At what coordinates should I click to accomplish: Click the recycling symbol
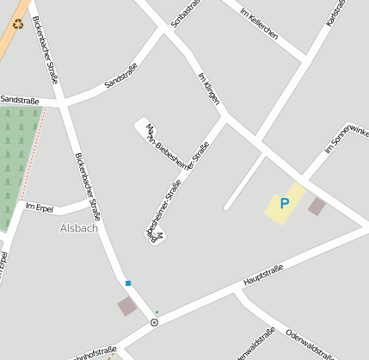click(x=18, y=24)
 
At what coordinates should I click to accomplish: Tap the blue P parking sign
click(x=285, y=203)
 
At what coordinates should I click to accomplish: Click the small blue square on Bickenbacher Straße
click(x=128, y=283)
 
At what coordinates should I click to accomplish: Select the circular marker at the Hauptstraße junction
click(x=154, y=322)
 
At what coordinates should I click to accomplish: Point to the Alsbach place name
click(x=79, y=228)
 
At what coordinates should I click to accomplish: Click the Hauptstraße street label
click(x=263, y=276)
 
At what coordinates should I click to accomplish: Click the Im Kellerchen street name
click(x=259, y=22)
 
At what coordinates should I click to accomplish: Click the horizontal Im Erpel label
click(x=40, y=207)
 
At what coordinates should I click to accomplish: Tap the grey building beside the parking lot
click(x=317, y=206)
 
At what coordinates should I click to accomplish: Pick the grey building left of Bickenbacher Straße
click(x=127, y=306)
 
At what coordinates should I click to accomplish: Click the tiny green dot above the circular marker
click(x=157, y=312)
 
